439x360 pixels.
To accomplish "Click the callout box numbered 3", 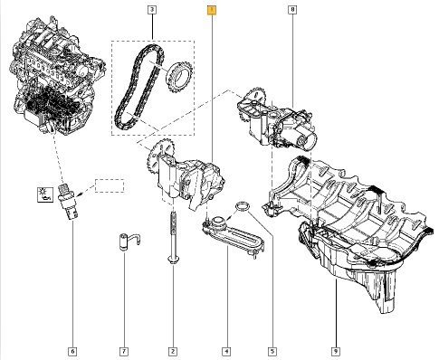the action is point(152,10).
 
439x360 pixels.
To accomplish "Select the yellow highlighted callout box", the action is point(212,11).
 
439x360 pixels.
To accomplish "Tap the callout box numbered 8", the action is point(292,10).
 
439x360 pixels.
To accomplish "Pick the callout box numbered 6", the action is point(72,351).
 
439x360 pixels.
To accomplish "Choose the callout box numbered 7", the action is point(124,351).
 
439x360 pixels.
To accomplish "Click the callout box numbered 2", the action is point(173,351).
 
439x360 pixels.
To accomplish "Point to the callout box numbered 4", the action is point(226,351).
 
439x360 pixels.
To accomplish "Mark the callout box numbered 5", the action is point(272,351).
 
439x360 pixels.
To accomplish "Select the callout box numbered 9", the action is point(336,351).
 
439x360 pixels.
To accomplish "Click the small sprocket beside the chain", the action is point(179,77).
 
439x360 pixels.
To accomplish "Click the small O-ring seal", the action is point(243,206).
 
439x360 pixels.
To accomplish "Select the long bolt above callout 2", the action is point(173,238).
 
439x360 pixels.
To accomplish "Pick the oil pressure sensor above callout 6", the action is point(70,201).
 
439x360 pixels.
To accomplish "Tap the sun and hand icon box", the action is point(45,194).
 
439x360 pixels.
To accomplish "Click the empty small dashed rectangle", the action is point(110,185).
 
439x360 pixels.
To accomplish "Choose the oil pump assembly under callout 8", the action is point(276,119).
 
